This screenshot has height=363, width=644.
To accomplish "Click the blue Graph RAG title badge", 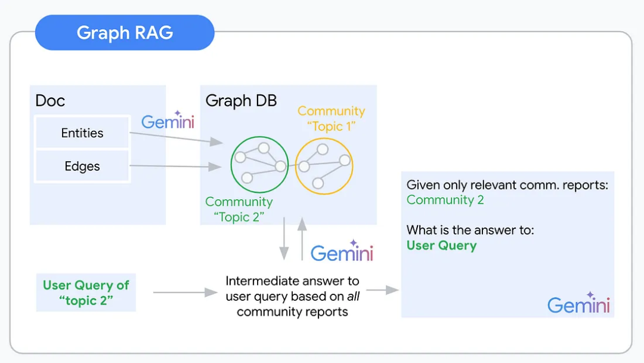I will coord(125,32).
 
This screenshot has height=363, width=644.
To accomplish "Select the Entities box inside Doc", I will coord(82,133).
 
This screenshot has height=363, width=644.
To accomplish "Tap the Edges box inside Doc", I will coord(82,166).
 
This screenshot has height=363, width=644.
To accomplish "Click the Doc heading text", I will coord(50,100).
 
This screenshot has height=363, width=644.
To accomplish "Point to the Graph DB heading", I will coord(241,100).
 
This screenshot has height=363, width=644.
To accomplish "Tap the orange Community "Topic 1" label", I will coord(331,118).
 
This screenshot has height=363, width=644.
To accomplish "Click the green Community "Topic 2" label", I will coord(239,209).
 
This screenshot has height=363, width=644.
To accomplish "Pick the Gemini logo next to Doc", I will coord(168,121).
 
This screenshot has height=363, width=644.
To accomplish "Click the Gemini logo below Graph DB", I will coord(342,252).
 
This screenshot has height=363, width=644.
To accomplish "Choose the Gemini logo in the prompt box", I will coord(578,304).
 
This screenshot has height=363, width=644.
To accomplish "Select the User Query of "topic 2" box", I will coord(86,292).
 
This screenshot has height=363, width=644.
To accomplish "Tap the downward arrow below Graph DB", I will coord(284,239).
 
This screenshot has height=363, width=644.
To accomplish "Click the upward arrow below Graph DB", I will coord(302,239).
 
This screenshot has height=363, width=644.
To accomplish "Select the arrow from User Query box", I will coord(185,292).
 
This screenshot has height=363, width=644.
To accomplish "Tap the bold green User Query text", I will coord(441,245).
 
